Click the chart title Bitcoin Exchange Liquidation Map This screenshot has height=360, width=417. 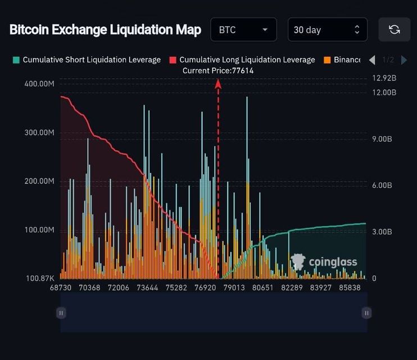click(x=105, y=30)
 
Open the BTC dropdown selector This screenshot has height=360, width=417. click(x=243, y=30)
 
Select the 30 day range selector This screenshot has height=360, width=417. click(x=327, y=30)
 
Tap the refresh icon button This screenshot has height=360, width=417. click(x=394, y=30)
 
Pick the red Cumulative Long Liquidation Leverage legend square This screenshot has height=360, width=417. click(x=173, y=60)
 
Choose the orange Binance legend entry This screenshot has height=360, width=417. click(x=343, y=60)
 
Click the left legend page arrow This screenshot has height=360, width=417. click(x=372, y=60)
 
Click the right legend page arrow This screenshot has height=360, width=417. click(x=404, y=60)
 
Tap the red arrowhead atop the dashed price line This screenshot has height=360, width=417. click(x=218, y=84)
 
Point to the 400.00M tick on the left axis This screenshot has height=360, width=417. click(x=39, y=84)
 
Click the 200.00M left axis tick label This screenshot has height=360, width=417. click(x=39, y=182)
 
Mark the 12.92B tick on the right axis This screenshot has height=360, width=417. click(x=384, y=78)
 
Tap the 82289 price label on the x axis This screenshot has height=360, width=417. click(x=292, y=287)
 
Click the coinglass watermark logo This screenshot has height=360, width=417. click(x=324, y=262)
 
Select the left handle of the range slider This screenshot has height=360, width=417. click(x=61, y=313)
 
